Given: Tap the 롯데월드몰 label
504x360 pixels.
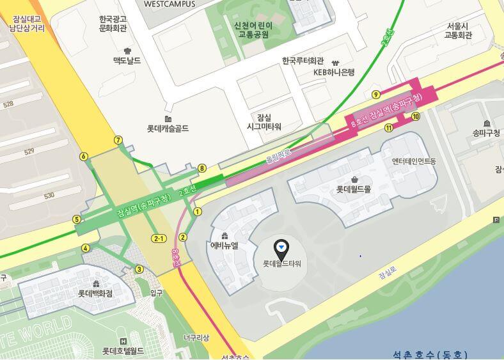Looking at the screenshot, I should (x=354, y=189).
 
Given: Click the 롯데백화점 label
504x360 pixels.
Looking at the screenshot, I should (x=95, y=293).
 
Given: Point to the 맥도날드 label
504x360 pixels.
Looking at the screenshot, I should (x=127, y=60).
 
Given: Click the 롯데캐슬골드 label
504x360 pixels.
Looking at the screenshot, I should (x=168, y=129).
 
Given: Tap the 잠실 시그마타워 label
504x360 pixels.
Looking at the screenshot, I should (x=264, y=122).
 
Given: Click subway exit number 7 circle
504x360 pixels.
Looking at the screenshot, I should (x=118, y=140).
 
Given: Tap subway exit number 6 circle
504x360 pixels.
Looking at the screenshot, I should (x=83, y=156).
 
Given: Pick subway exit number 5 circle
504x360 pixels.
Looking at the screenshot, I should (x=77, y=219).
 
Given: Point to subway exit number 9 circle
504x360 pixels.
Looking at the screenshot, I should (x=376, y=95).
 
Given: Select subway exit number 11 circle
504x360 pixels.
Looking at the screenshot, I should (x=388, y=128).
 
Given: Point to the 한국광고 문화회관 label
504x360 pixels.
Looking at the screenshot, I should (x=113, y=24).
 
